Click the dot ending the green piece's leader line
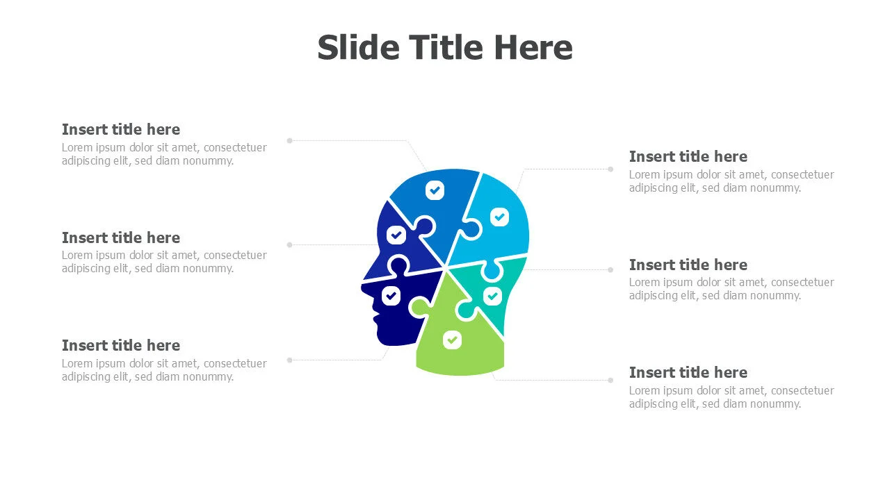(x=610, y=380)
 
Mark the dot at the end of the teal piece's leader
(x=610, y=270)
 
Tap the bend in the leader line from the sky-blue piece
(x=524, y=169)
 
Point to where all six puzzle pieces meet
(x=446, y=268)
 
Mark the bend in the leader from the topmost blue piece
(x=407, y=140)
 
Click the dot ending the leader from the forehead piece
(x=290, y=245)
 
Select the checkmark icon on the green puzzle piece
(x=452, y=340)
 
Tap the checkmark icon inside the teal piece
(x=493, y=296)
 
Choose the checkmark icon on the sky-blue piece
(x=499, y=217)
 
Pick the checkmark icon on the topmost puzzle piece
(x=435, y=190)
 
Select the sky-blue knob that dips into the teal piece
(x=492, y=270)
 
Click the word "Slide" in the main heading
(x=358, y=48)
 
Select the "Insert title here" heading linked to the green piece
(x=688, y=373)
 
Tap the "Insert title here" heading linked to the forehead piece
(x=121, y=238)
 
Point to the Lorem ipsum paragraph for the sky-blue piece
(x=731, y=181)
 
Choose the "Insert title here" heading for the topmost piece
(x=121, y=130)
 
